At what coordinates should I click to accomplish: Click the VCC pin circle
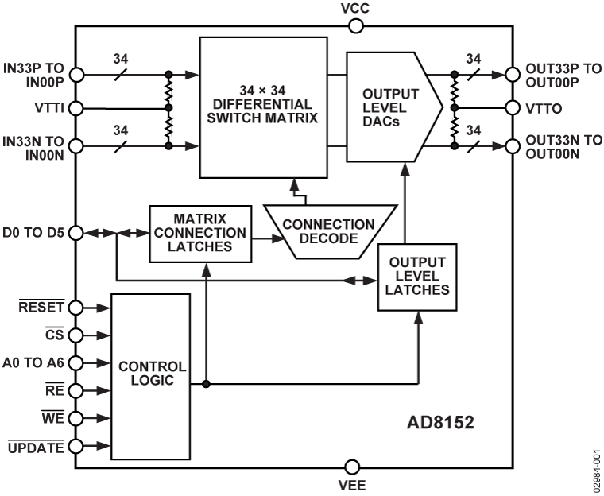356,26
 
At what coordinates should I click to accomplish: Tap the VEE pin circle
352,467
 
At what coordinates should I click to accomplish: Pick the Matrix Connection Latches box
200,233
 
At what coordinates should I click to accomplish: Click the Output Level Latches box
416,275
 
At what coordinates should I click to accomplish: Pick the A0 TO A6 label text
33,363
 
